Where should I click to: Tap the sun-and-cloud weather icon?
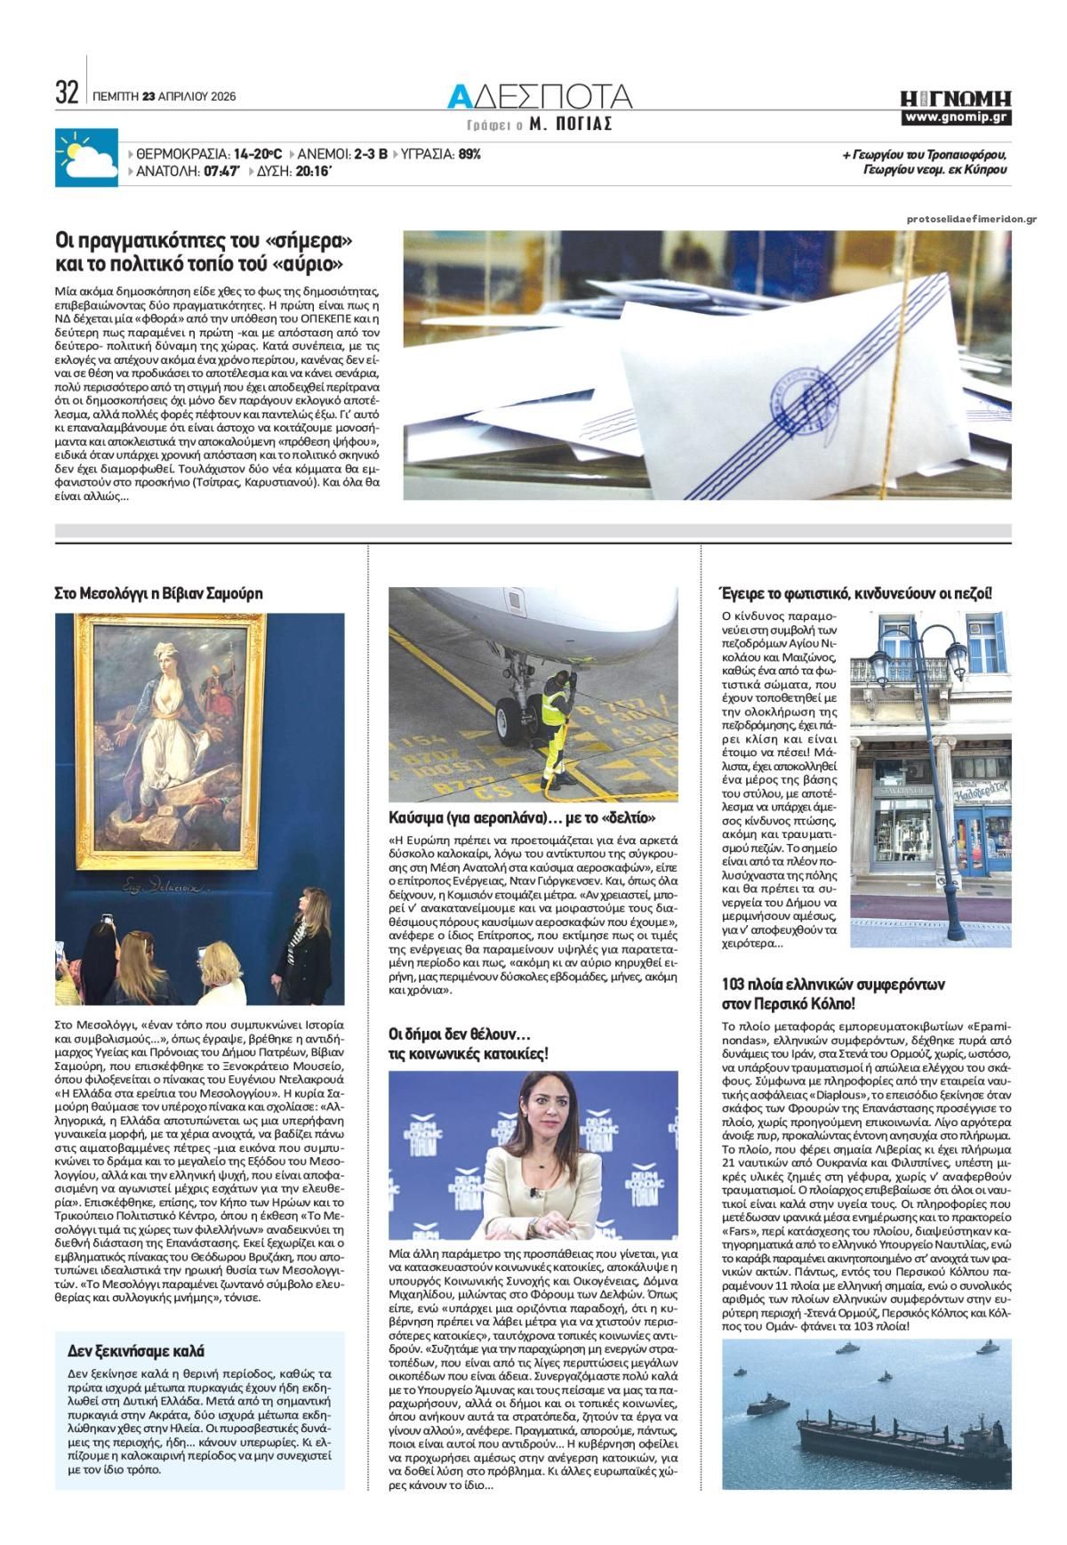pos(86,158)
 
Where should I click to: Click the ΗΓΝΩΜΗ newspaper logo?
pos(955,97)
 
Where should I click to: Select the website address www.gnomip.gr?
pos(956,117)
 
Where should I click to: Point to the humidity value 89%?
pos(469,154)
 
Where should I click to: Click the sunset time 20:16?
pos(313,172)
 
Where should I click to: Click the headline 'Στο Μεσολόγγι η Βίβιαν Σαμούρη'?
pos(159,593)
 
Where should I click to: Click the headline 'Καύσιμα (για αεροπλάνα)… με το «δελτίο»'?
pos(522,817)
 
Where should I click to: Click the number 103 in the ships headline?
pos(737,985)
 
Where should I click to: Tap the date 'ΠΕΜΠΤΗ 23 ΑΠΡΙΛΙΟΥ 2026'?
pos(164,97)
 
